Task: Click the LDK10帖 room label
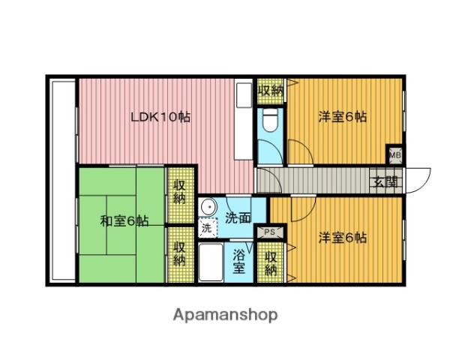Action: pos(160,117)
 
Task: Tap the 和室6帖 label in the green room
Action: pos(124,221)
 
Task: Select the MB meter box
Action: pos(395,155)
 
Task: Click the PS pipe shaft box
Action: pos(270,232)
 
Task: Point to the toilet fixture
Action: pos(270,121)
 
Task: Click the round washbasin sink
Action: pos(208,207)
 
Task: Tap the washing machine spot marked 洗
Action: pos(207,228)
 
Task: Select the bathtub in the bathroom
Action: pos(211,262)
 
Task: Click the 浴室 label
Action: pos(238,262)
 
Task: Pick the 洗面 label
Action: pos(238,218)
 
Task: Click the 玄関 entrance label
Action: pos(385,181)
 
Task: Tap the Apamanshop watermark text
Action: pos(225,315)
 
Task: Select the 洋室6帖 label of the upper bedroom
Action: pos(343,117)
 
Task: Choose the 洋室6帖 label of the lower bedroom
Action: pos(343,238)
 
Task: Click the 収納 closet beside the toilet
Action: pos(270,91)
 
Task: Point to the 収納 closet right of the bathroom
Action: pos(271,263)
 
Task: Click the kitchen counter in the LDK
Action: pos(243,118)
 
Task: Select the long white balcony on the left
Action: pos(62,181)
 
